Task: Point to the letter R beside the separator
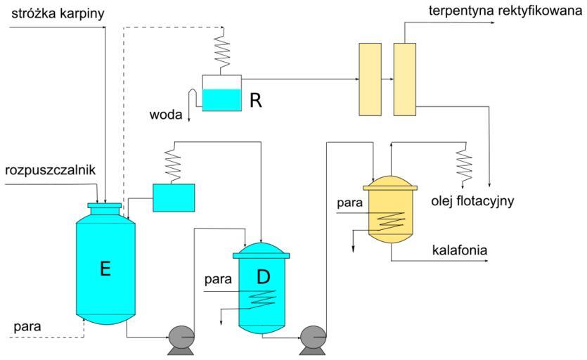(256, 101)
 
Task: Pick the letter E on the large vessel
(105, 269)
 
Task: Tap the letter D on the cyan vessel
(263, 277)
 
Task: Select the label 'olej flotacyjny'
(473, 202)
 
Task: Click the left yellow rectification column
(369, 79)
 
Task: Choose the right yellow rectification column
(404, 79)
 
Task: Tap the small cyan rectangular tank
(174, 197)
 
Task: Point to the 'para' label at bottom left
(26, 327)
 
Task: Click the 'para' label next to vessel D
(217, 280)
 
